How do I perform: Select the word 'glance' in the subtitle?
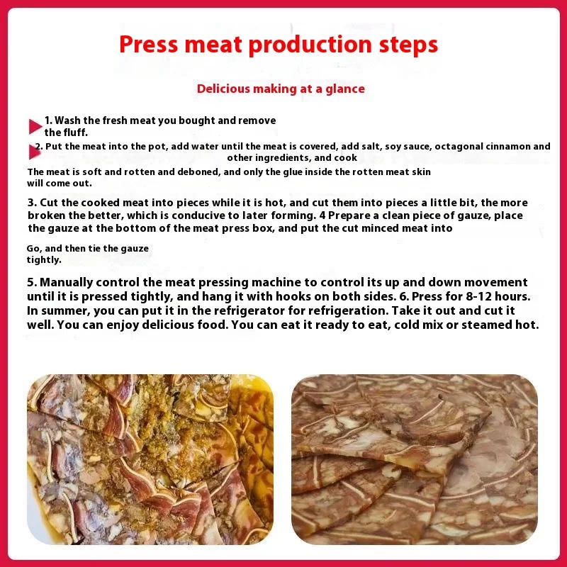click(344, 89)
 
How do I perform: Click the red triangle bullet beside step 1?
click(35, 126)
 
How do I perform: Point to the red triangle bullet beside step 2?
click(33, 151)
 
